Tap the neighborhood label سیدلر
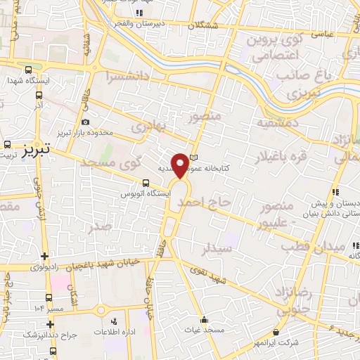coord(216,247)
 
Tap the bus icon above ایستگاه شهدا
coord(28,70)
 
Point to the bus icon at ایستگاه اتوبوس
coord(146,182)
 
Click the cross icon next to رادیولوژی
coord(46,257)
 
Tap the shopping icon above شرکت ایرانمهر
coord(275,332)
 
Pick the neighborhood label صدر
coord(98,226)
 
